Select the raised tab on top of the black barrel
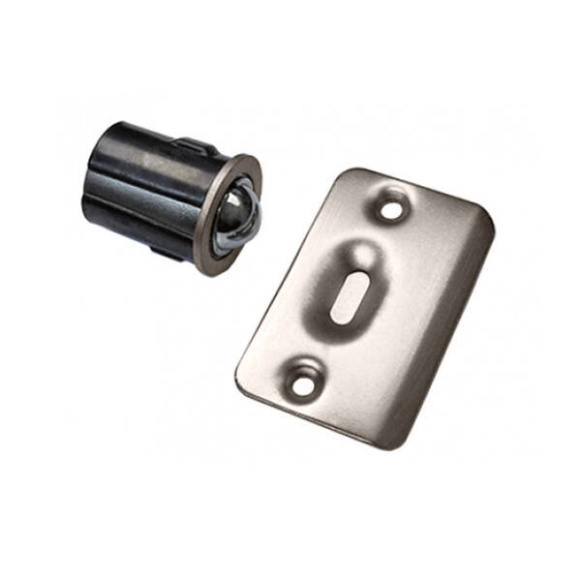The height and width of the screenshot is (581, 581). [x=194, y=145]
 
